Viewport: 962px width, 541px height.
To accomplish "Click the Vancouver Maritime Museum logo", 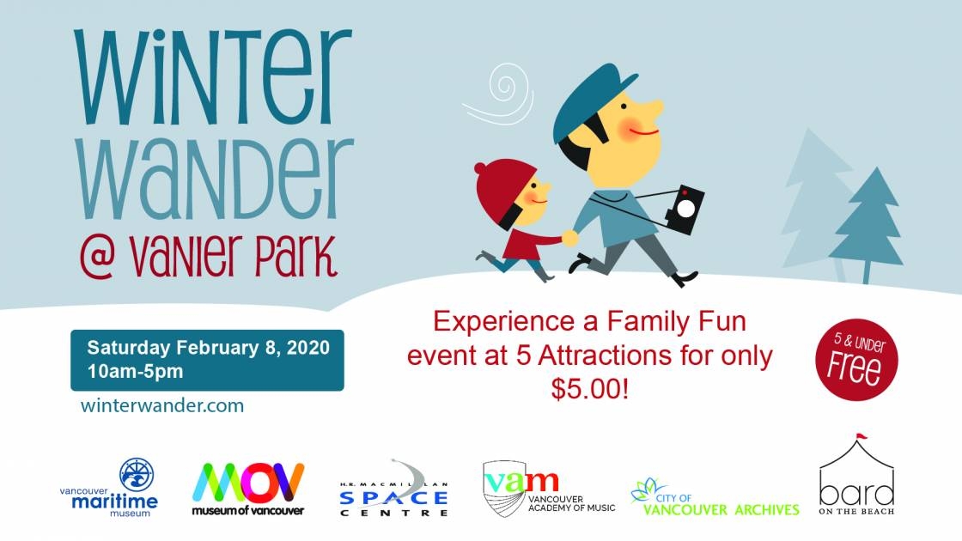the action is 108,488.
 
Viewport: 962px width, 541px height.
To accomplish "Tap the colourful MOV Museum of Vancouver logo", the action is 248,489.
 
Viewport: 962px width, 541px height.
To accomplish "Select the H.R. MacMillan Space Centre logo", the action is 394,489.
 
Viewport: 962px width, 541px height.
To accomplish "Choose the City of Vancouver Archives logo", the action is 715,498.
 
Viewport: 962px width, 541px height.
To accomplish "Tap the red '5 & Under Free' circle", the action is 856,360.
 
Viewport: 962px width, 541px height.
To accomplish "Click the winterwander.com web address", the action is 162,405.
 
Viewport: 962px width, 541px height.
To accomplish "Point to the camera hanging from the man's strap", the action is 685,210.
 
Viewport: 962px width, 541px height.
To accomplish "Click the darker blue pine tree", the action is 868,224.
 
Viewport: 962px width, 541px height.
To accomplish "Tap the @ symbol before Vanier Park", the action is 98,258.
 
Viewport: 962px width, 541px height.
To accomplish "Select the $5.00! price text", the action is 590,388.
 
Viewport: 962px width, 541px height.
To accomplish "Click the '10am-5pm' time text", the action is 135,371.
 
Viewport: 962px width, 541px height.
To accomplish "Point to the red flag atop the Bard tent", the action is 862,437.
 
